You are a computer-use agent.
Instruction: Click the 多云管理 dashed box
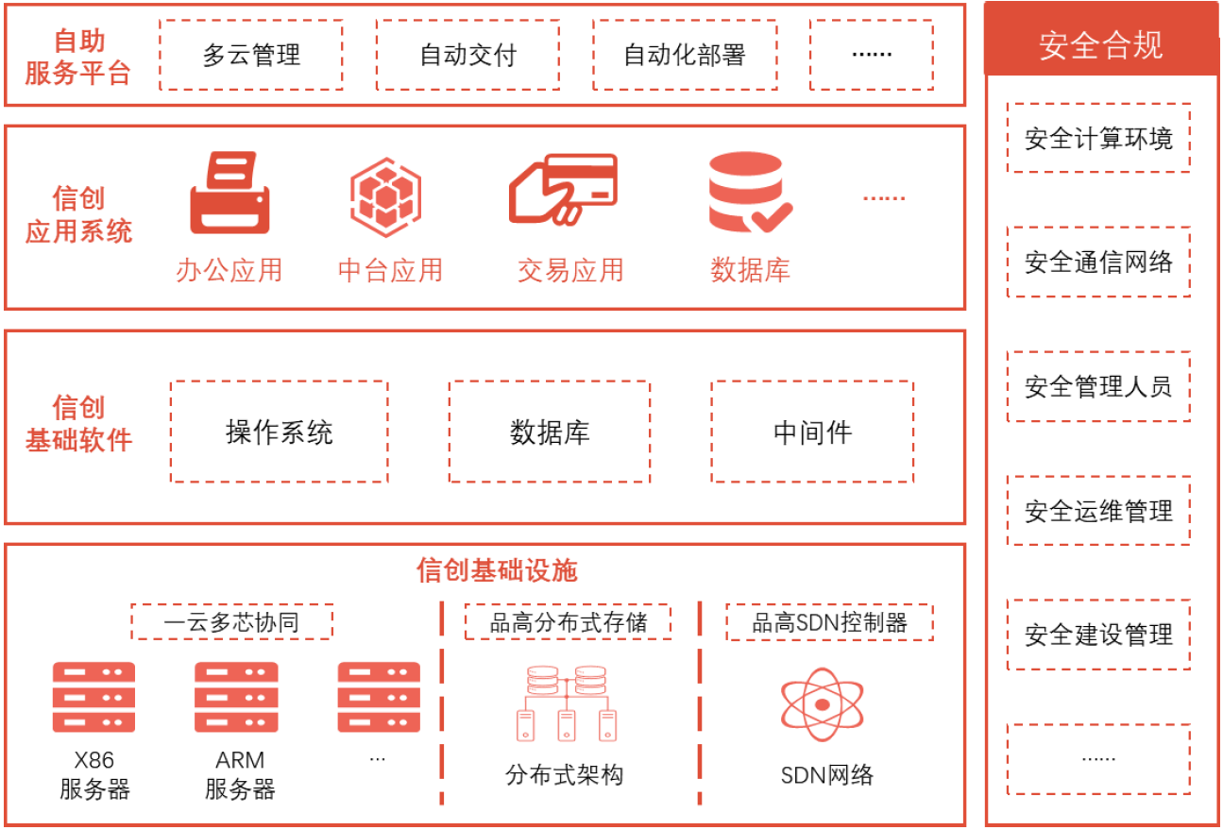[250, 55]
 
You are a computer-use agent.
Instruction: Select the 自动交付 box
[467, 55]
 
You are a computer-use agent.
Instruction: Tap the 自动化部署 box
[685, 55]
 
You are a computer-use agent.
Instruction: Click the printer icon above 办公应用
[229, 194]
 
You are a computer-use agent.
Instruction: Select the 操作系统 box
[279, 432]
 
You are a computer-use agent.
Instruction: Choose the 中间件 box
[812, 432]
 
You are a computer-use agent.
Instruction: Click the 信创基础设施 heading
[497, 569]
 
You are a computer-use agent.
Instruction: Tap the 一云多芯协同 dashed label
[231, 621]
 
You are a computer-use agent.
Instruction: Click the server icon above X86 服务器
[93, 697]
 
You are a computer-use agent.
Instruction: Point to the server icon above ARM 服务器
[236, 697]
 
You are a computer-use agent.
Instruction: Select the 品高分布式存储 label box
[568, 621]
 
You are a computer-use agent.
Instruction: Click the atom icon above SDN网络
[822, 703]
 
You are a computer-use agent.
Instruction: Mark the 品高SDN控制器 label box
[829, 621]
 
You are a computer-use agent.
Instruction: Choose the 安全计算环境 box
[1098, 139]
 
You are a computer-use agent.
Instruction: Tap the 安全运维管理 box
[1098, 511]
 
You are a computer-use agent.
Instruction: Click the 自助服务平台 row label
[77, 57]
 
